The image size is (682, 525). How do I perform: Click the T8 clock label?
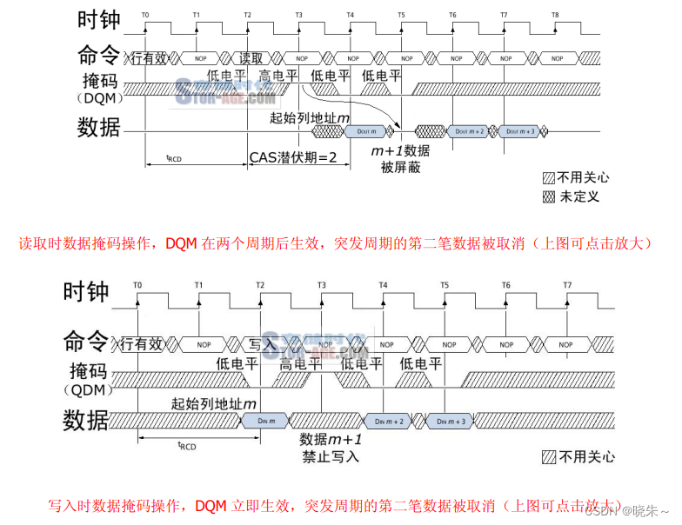coord(556,15)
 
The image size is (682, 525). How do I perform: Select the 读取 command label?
coord(251,59)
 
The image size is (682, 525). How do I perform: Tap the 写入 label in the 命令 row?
coord(262,344)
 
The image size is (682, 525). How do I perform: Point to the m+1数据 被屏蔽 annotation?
coord(400,158)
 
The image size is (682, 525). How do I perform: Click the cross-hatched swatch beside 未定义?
coord(549,196)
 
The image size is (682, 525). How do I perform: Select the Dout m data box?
coord(365,130)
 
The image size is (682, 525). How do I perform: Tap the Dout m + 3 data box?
coord(520,130)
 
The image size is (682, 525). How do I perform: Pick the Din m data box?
coord(267,421)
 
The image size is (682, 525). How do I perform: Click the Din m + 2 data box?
coord(389,421)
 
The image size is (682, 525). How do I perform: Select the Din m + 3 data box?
coord(450,421)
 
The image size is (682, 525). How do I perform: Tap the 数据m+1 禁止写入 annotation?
coord(331,447)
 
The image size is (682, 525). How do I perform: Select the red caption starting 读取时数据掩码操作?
coord(335,243)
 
